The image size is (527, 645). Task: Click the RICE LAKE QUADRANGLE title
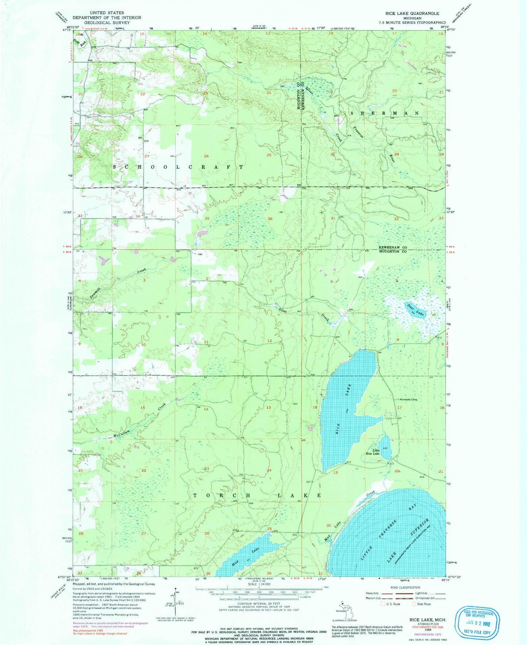(x=410, y=13)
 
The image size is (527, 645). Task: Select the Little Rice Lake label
(x=373, y=452)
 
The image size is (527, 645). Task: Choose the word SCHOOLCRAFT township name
(x=178, y=167)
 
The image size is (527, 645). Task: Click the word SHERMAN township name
(x=384, y=113)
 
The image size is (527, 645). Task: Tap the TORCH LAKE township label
(x=257, y=496)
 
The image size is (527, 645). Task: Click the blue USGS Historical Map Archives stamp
(x=477, y=623)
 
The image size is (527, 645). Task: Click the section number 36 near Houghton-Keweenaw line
(x=270, y=219)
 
